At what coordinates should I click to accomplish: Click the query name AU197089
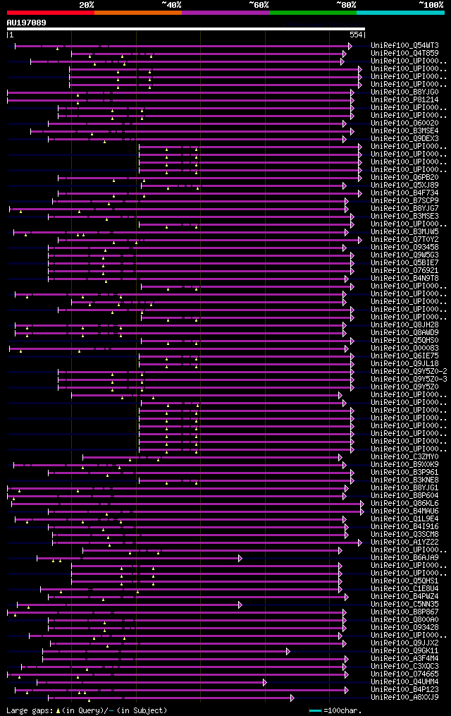click(x=27, y=23)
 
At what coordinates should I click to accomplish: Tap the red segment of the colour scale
click(x=50, y=13)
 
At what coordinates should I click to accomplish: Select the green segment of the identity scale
click(x=312, y=13)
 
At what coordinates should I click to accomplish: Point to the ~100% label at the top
click(x=430, y=5)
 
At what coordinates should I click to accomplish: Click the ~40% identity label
click(x=171, y=5)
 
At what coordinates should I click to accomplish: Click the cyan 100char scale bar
click(x=315, y=710)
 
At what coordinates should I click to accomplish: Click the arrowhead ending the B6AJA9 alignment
click(x=240, y=558)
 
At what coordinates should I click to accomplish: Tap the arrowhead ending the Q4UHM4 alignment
click(x=264, y=682)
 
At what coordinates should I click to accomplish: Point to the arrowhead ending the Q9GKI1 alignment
click(x=288, y=651)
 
